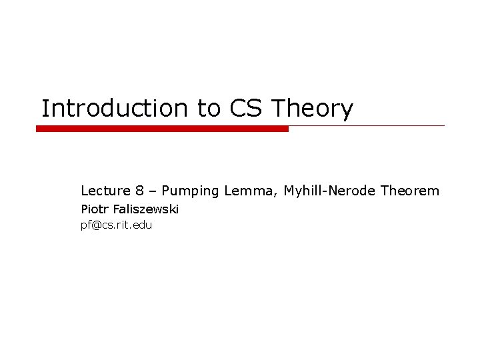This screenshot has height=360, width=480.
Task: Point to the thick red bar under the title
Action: pos(162,128)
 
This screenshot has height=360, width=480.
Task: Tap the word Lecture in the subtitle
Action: pos(103,191)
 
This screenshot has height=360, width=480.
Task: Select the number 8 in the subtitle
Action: pos(133,191)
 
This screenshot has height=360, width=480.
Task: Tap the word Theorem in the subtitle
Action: pos(411,191)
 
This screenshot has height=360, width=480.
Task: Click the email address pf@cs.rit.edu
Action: pos(116,225)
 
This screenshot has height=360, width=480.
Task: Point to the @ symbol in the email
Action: pos(96,225)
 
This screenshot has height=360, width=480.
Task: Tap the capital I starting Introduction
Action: pos(45,109)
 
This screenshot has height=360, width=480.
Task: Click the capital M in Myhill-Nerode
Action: pos(289,191)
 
